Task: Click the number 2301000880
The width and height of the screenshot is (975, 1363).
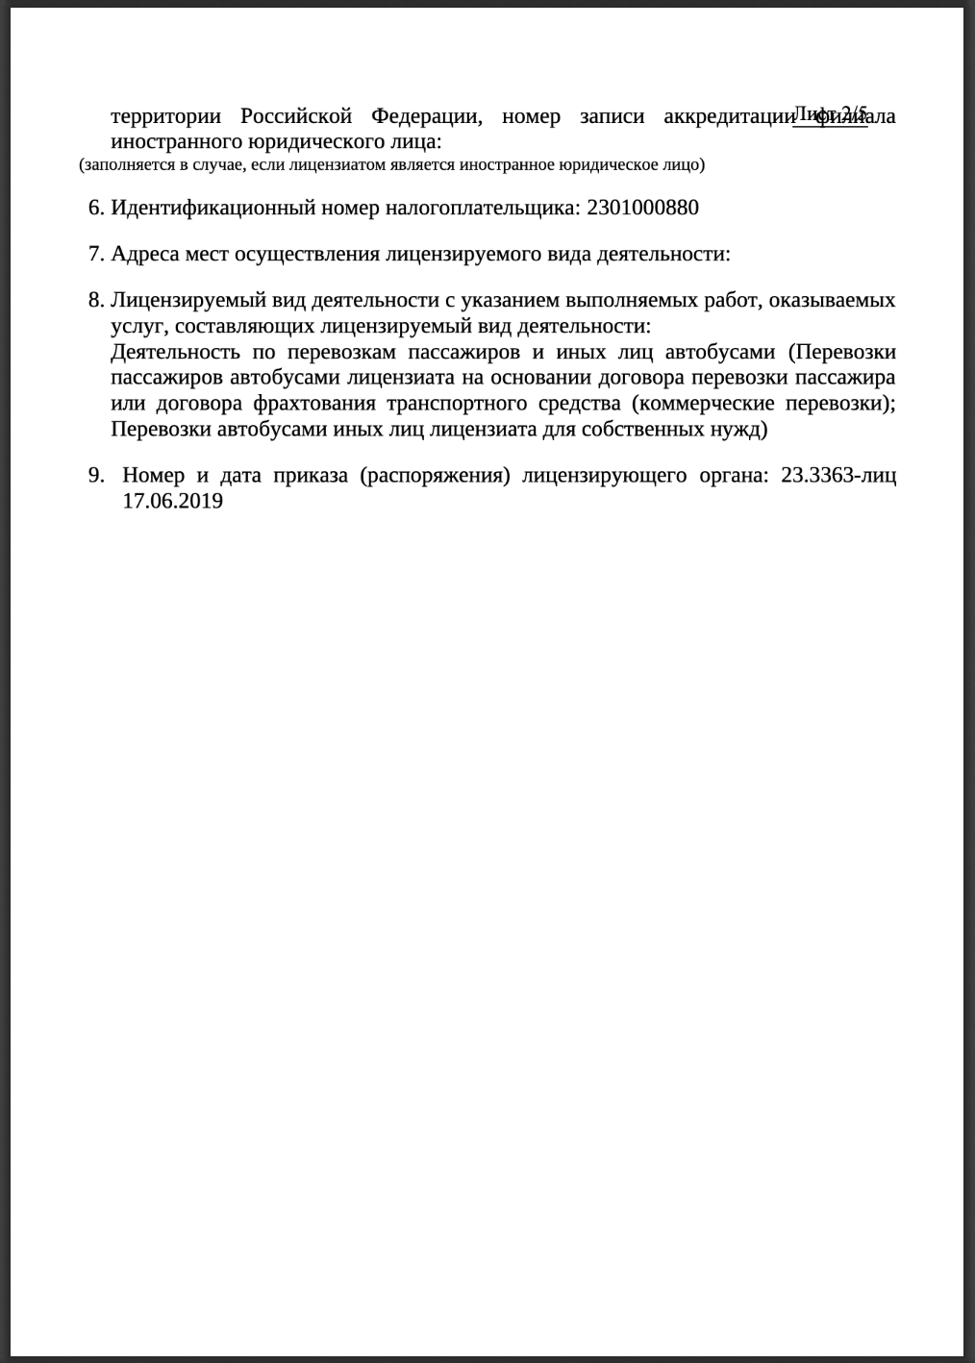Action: coord(643,208)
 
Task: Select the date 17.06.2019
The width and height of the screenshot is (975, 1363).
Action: coord(172,501)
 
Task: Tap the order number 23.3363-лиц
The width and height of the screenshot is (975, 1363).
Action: coord(838,476)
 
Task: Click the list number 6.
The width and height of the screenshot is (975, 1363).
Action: coord(95,208)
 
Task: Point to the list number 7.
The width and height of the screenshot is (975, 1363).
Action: coord(95,254)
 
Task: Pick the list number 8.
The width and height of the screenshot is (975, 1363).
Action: coord(95,300)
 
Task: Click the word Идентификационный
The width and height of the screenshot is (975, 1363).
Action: coord(212,208)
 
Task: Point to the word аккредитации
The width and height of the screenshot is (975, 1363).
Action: coord(727,117)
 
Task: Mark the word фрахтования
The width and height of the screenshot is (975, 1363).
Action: coord(313,403)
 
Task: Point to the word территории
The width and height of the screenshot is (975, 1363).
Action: coord(165,117)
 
